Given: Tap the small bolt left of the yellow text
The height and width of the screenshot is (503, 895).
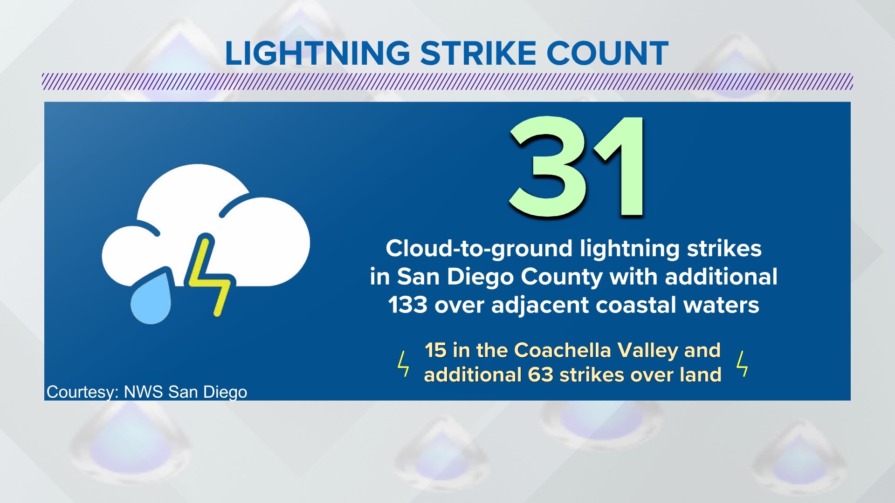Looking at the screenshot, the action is [403, 364].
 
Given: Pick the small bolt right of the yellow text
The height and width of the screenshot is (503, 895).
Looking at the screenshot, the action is [742, 364].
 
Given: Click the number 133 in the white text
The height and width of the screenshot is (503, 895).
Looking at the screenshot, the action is [407, 306].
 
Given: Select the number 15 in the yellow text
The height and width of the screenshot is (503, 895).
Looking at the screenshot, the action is [435, 350].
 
